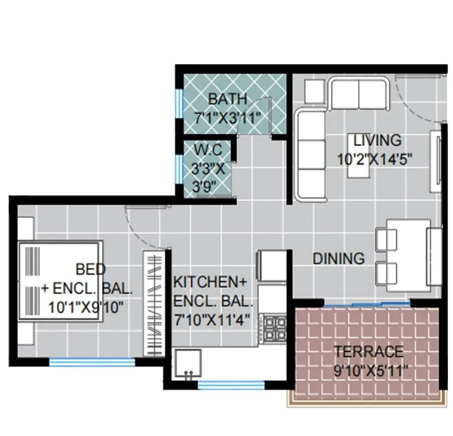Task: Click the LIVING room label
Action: coord(377,140)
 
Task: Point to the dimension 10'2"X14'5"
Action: coord(375,159)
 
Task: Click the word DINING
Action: coord(338,258)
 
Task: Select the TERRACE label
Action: coord(368,351)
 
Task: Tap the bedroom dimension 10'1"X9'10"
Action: coord(86,307)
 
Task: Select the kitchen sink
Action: coord(188,364)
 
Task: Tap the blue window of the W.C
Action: coord(178,167)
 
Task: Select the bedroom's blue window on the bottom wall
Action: coord(92,362)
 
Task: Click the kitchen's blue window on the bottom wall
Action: coord(231,385)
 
